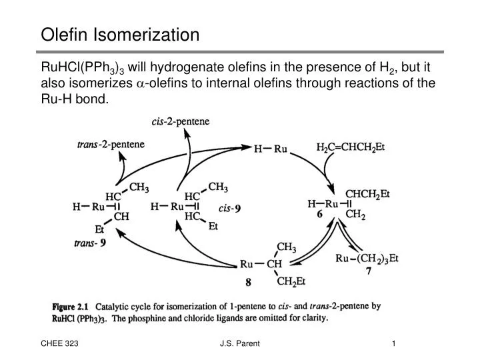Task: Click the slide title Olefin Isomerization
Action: [120, 34]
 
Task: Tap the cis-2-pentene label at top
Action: [180, 121]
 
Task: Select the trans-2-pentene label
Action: [111, 144]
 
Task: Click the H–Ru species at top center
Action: [270, 149]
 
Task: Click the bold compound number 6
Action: [319, 215]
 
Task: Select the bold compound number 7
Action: [368, 271]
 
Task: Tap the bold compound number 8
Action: [248, 282]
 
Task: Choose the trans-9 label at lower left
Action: [89, 243]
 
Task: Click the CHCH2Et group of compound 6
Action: [367, 194]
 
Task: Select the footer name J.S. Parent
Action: [239, 343]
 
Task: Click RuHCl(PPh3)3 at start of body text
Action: [83, 67]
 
